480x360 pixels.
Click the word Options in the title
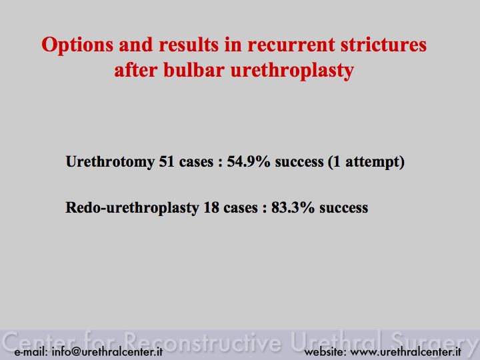click(x=77, y=45)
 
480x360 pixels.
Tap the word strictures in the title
click(x=383, y=45)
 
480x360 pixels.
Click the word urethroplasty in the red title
click(x=292, y=71)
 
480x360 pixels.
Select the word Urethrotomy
click(x=110, y=161)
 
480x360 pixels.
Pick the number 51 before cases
click(x=167, y=161)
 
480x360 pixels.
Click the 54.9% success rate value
click(x=249, y=161)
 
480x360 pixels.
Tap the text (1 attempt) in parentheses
click(x=366, y=162)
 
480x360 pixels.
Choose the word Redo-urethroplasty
click(x=132, y=207)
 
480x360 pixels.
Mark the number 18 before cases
click(x=211, y=207)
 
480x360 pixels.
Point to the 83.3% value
click(x=293, y=207)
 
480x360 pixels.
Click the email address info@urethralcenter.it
click(x=107, y=351)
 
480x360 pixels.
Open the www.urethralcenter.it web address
click(x=406, y=352)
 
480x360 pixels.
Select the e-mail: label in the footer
click(x=31, y=352)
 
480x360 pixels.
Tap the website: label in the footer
click(x=325, y=352)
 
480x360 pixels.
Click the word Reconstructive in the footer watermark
click(x=203, y=341)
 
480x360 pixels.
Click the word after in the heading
click(x=136, y=70)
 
